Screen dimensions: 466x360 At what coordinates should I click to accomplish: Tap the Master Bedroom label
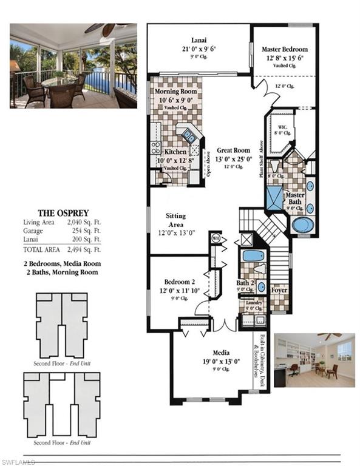[285, 49]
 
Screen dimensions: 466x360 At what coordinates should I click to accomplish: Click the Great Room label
[233, 151]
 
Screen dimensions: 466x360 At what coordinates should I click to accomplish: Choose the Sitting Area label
[175, 220]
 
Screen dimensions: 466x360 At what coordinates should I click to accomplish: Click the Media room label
[220, 352]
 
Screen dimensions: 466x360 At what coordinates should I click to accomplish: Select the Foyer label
[279, 289]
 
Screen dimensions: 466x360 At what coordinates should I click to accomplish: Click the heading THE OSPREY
[63, 213]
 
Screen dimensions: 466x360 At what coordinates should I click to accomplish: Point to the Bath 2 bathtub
[252, 255]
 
